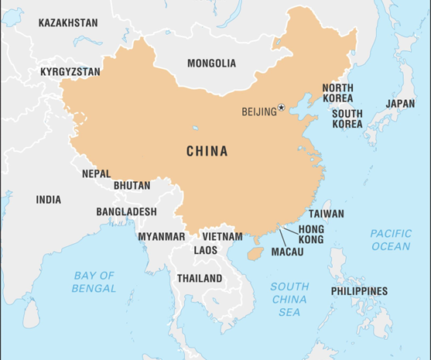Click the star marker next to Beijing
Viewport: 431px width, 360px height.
click(282, 108)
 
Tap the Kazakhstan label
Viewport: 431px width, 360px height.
click(68, 22)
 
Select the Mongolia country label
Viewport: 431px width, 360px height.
click(211, 63)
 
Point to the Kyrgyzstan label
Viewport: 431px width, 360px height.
click(70, 72)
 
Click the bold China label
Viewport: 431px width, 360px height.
click(207, 152)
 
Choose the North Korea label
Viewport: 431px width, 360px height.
click(337, 94)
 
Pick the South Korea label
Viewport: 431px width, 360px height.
click(347, 118)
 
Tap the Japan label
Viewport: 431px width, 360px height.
click(400, 103)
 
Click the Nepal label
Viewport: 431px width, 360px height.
click(97, 174)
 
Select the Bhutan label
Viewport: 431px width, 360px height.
click(132, 186)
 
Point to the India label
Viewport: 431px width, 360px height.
click(48, 200)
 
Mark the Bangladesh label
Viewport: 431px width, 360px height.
click(126, 211)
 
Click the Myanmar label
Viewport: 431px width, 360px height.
click(162, 236)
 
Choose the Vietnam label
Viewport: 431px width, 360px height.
click(222, 236)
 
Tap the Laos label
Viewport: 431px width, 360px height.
click(206, 250)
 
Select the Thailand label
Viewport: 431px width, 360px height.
click(200, 278)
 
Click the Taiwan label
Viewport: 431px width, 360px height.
click(327, 214)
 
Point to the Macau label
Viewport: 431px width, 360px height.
click(287, 252)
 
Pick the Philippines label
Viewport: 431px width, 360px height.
click(359, 291)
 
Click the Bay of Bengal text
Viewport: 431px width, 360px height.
click(94, 282)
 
